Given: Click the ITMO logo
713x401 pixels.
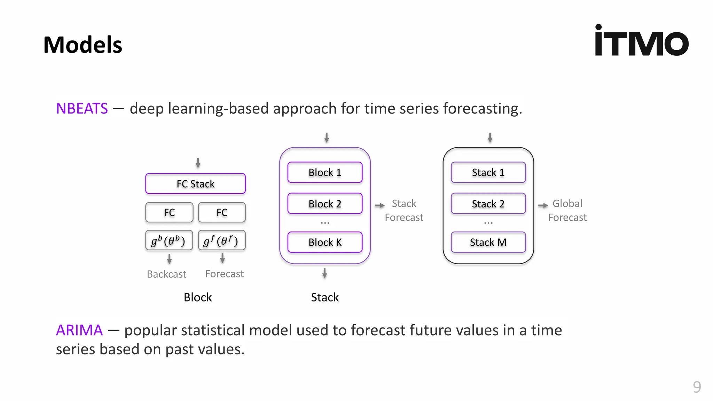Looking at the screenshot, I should [x=641, y=41].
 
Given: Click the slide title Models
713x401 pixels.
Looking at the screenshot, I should [x=83, y=45].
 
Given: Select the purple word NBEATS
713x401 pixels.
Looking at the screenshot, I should [x=82, y=109].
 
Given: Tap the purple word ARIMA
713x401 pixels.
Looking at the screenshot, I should [x=79, y=330].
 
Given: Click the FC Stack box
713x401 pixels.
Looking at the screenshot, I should [x=195, y=184].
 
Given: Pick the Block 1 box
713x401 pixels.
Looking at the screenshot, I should [x=325, y=172].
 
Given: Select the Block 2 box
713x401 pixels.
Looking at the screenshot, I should [x=325, y=204].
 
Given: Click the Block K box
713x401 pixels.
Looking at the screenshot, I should [x=325, y=242].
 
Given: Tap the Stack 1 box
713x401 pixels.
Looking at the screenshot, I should [x=488, y=172].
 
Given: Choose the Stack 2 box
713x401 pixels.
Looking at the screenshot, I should [x=488, y=204].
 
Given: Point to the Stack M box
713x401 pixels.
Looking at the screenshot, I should [x=488, y=242].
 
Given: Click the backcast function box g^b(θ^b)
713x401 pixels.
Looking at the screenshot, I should [x=169, y=241].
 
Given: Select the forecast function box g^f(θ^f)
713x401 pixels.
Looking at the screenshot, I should [x=222, y=241].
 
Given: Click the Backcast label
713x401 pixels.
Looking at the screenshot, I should [x=166, y=274].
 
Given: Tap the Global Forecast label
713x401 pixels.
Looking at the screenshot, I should [x=567, y=210].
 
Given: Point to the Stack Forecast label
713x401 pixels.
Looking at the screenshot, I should [x=404, y=210].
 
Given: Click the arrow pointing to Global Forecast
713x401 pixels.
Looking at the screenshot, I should [x=543, y=205].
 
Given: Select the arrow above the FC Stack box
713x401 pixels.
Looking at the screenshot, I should [x=198, y=163].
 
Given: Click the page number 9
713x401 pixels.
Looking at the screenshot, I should [x=697, y=387].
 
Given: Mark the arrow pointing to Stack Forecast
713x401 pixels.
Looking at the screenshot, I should [x=379, y=205].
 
